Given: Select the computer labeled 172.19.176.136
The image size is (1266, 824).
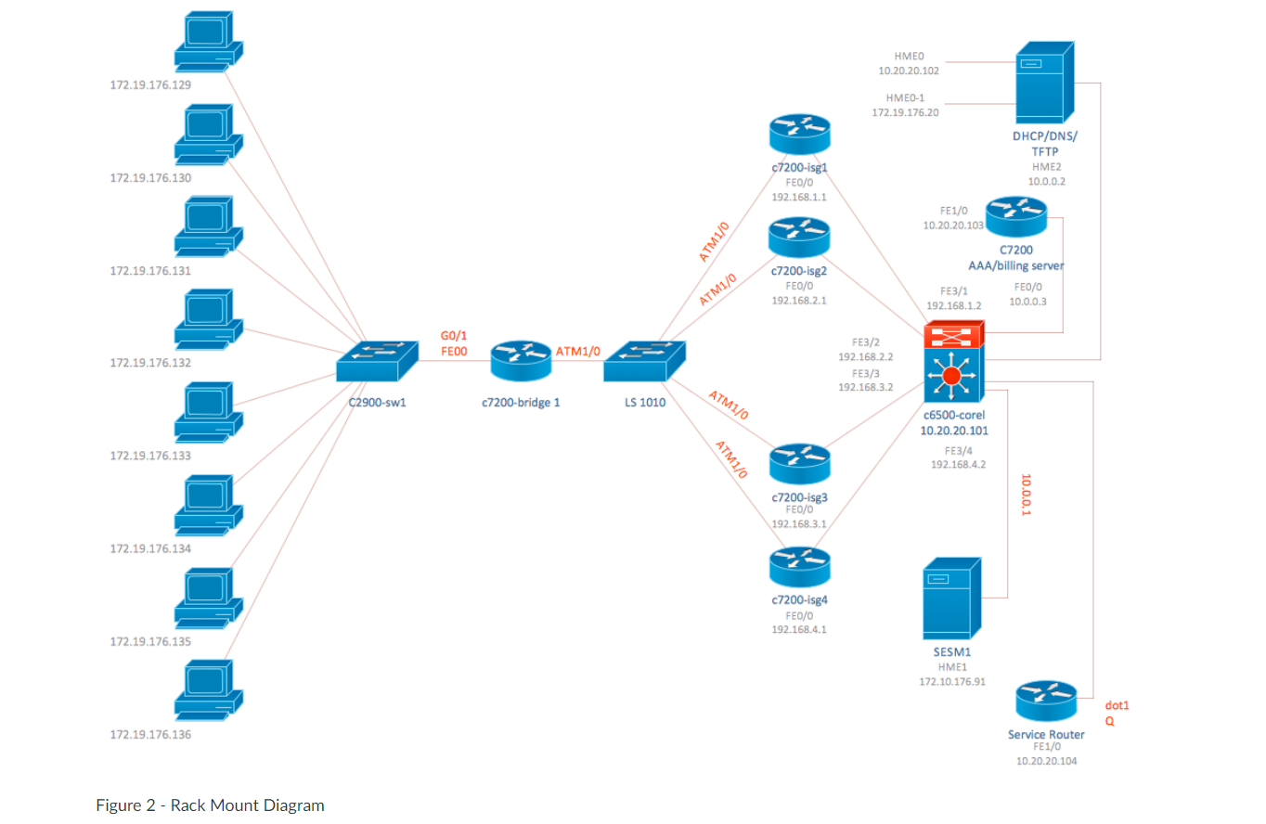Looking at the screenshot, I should [x=209, y=691].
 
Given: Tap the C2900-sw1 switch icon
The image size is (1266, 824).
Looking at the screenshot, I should [x=373, y=360].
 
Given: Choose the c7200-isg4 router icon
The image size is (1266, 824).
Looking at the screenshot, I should [x=799, y=567].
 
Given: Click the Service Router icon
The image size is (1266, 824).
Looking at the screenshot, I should [x=1046, y=701].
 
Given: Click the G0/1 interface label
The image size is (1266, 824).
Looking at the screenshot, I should [x=454, y=335].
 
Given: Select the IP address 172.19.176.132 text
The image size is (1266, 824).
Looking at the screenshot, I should [x=150, y=363].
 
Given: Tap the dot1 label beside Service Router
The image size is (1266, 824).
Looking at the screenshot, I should [x=1117, y=705].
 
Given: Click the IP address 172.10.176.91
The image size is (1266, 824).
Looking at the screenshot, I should [x=952, y=681].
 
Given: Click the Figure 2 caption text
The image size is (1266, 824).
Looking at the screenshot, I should [x=210, y=805].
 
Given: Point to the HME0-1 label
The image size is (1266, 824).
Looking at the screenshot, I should [x=905, y=97].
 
